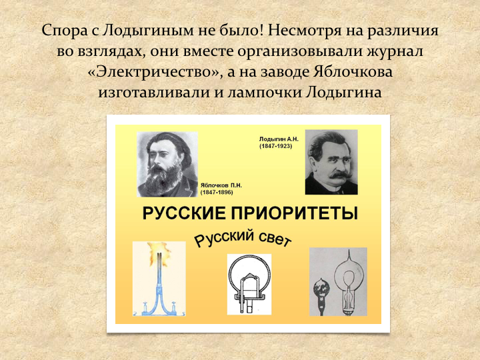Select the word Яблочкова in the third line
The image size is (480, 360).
[x=353, y=71]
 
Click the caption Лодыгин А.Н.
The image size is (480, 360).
[x=279, y=139]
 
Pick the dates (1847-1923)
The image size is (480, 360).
[x=276, y=146]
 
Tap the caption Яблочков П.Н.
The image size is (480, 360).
[x=221, y=185]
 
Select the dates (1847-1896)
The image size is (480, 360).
[x=217, y=192]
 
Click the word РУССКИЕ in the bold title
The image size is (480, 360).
[x=184, y=213]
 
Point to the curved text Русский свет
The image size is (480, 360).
[x=243, y=238]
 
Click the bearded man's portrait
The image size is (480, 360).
[x=167, y=165]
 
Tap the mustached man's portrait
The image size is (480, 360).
[x=331, y=162]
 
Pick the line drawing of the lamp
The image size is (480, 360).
[x=249, y=284]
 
